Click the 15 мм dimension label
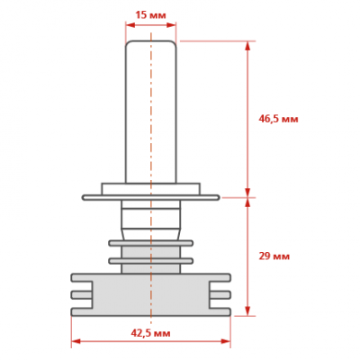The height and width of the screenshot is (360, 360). [150, 14]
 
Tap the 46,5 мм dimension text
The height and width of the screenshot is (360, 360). [278, 119]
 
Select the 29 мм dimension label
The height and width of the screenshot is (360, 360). [274, 256]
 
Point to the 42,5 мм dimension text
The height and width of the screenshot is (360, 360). [150, 333]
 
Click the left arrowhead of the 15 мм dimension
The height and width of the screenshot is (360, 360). [130, 25]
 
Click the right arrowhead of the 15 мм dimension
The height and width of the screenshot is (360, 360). [171, 25]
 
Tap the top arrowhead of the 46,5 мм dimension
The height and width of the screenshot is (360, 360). [247, 46]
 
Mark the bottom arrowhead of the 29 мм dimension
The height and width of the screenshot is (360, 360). [247, 310]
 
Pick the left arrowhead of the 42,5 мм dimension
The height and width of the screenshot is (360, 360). [76, 341]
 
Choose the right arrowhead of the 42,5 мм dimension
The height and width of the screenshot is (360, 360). [226, 341]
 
